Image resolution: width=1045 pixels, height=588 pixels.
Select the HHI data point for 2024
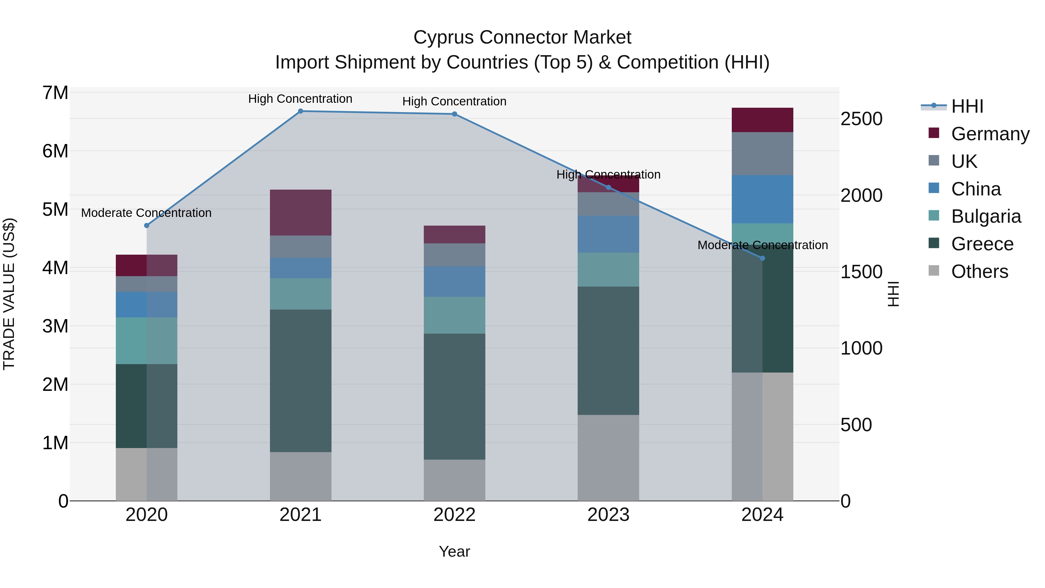(x=762, y=258)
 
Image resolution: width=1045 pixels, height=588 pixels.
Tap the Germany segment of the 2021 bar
(x=301, y=213)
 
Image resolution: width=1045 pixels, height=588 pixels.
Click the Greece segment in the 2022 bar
(x=454, y=396)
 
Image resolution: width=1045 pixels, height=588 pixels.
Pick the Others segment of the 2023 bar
(x=608, y=458)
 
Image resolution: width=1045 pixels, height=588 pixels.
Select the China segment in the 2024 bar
(x=762, y=199)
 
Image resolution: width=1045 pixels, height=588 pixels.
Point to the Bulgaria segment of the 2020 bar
(x=147, y=341)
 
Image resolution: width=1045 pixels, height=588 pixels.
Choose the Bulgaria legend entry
(x=986, y=216)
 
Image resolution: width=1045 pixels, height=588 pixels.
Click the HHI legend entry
(x=967, y=106)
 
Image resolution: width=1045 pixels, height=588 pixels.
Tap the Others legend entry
(x=979, y=271)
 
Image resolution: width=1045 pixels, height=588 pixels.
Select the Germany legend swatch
(x=934, y=133)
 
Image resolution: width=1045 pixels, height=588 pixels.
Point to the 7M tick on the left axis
(x=55, y=93)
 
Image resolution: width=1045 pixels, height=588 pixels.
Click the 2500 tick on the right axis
(x=861, y=119)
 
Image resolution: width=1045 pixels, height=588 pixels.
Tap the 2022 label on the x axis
(x=454, y=515)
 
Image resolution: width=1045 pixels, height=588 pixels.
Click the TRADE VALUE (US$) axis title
(x=9, y=294)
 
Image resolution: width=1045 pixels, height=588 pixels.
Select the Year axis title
(x=454, y=551)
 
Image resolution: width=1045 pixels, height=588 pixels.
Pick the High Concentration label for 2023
(x=608, y=175)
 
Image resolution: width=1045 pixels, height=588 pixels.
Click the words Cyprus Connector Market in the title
(x=522, y=37)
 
